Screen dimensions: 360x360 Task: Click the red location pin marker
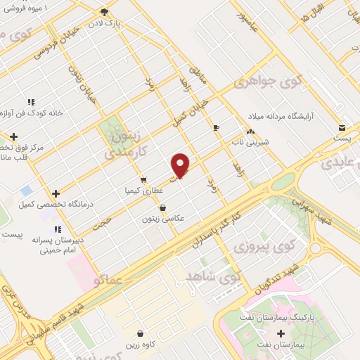[181, 165]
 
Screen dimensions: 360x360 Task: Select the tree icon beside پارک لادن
[105, 12]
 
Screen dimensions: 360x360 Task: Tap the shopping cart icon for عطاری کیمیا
[143, 179]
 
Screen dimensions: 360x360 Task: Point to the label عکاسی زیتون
[162, 219]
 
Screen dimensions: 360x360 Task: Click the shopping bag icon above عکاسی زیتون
[163, 207]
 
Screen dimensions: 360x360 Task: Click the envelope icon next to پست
[342, 128]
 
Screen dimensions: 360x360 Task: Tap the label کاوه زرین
[141, 345]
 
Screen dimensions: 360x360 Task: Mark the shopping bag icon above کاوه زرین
[141, 333]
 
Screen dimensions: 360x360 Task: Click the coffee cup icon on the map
[216, 127]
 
